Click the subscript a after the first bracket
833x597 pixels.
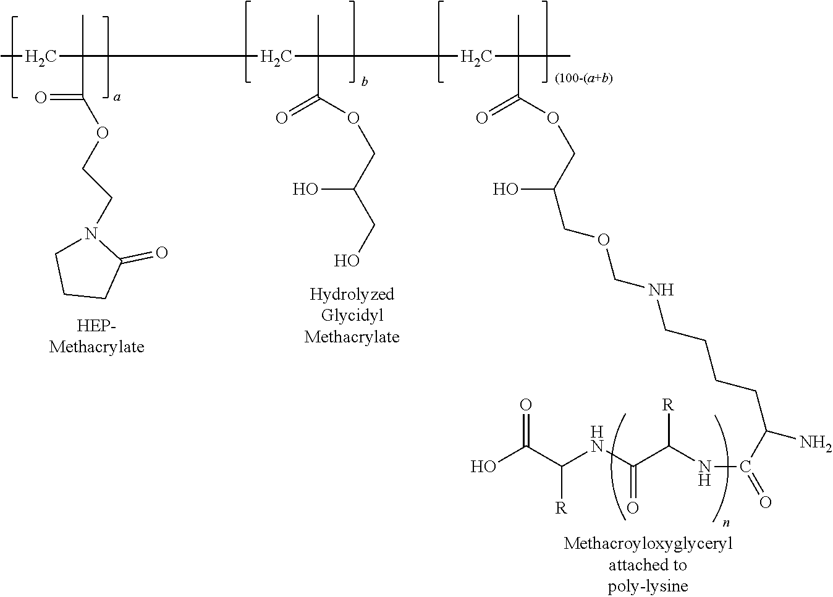click(117, 97)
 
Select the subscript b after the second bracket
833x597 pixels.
click(365, 81)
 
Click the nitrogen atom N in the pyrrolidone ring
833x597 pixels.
click(91, 233)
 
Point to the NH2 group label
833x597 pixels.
click(815, 442)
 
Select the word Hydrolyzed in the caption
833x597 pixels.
click(352, 294)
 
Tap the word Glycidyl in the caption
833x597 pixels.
click(352, 315)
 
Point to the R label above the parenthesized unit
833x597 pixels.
click(667, 406)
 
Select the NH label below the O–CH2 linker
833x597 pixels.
click(661, 289)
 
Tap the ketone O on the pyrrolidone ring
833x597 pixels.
click(161, 252)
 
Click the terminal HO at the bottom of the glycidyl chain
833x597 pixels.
click(346, 261)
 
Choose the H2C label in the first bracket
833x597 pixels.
click(41, 57)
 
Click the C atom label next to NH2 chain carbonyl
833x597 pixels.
click(745, 465)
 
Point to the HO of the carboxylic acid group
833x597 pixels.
click(483, 466)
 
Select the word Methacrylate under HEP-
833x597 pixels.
click(96, 347)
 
